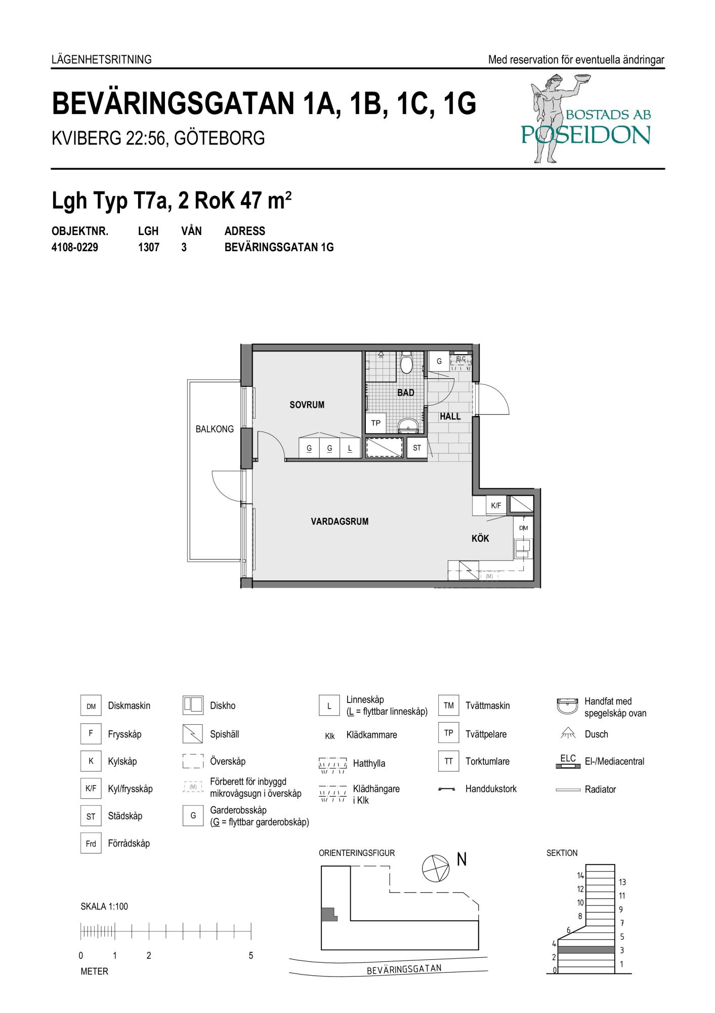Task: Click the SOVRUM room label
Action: click(307, 405)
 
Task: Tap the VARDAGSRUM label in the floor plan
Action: click(340, 521)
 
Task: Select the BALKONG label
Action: click(215, 429)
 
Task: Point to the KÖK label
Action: click(480, 538)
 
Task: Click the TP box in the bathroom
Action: click(376, 423)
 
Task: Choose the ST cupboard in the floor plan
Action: click(417, 448)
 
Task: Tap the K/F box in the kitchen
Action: click(496, 505)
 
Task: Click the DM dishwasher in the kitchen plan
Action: click(524, 528)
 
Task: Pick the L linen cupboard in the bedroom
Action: click(350, 448)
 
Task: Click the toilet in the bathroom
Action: click(406, 363)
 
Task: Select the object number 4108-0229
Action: click(75, 248)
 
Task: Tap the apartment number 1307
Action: click(149, 248)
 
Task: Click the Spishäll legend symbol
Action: click(193, 734)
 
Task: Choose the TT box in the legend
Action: click(448, 761)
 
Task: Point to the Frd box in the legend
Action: click(91, 843)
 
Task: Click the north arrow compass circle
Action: click(435, 868)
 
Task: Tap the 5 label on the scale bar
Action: click(251, 956)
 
